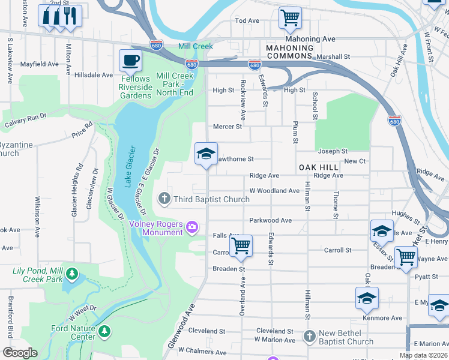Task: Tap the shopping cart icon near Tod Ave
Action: pos(290,18)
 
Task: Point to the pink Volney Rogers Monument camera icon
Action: pos(192,226)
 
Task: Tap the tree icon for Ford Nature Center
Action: pos(104,331)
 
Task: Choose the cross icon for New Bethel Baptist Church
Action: pos(309,336)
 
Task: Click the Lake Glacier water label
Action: pos(130,166)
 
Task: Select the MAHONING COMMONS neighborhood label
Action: pos(291,52)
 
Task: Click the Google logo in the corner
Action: pos(20,353)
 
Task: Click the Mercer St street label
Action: pos(228,127)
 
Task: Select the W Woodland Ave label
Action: pos(274,191)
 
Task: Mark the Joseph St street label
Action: pos(333,151)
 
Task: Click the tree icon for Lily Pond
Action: pos(72,274)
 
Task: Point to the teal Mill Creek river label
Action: pos(195,46)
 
